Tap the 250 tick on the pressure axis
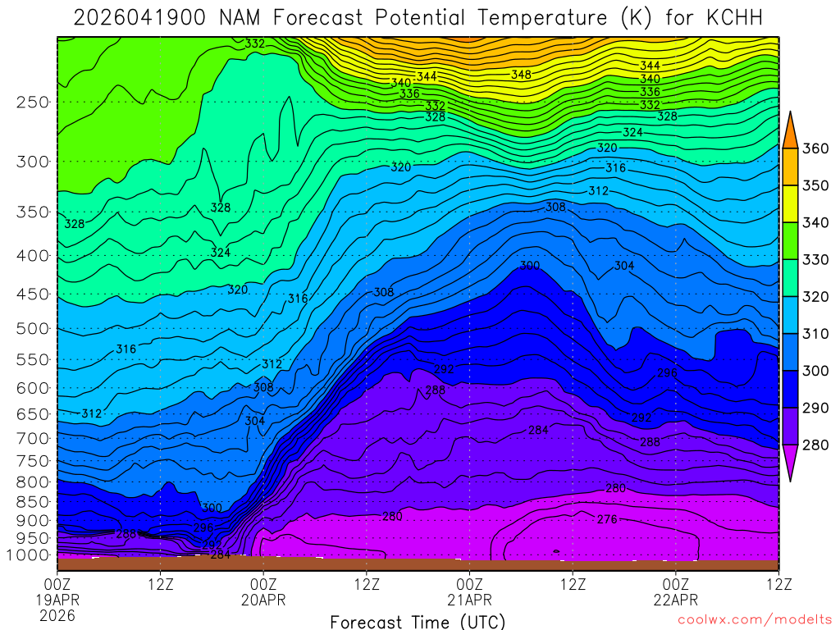(x=33, y=103)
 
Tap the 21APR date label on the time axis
(x=469, y=600)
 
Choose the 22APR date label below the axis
(x=675, y=600)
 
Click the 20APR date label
(x=263, y=600)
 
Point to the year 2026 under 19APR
(x=57, y=615)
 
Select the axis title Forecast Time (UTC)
(x=418, y=621)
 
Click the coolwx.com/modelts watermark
(x=753, y=619)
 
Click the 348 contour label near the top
(x=521, y=75)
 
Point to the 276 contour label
(x=607, y=519)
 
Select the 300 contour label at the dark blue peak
(x=530, y=266)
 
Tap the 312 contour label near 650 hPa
(x=92, y=413)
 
